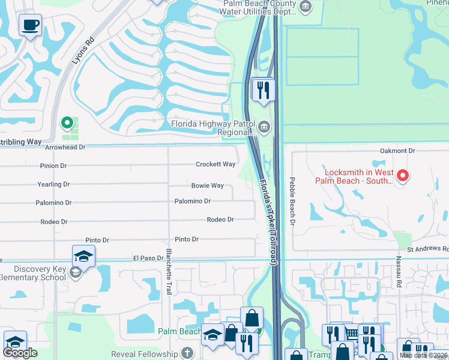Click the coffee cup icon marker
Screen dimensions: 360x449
pos(29,25)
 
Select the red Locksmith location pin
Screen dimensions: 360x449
pos(403,176)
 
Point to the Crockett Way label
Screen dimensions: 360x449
pos(215,164)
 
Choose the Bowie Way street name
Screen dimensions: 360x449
pos(207,186)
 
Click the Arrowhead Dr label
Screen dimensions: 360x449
pos(65,147)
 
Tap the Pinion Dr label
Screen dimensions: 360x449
pos(54,166)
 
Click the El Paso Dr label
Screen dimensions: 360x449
pos(148,259)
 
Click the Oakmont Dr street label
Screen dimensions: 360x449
pos(397,151)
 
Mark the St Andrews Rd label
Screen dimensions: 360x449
pos(427,248)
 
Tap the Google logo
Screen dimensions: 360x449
pos(20,353)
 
